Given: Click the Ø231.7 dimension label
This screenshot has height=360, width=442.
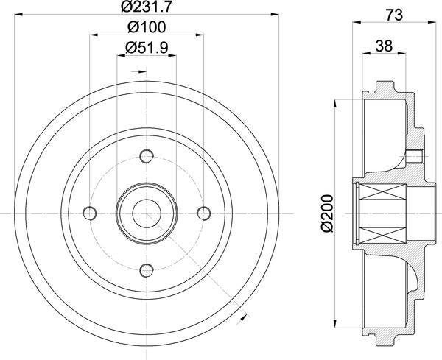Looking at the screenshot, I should pos(146,7).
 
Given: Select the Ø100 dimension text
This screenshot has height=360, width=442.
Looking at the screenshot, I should pos(146,27).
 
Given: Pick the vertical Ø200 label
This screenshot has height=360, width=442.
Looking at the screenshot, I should pos(327,213).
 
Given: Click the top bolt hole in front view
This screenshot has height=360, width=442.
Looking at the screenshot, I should pos(147,155).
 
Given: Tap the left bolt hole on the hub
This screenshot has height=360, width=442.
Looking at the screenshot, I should pos(90,213).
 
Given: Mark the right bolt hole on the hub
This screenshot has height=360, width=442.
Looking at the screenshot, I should pos(203,213).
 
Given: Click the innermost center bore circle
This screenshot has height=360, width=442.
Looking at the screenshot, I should pos(147,213).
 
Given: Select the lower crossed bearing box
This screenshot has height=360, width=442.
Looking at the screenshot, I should pos(383,228).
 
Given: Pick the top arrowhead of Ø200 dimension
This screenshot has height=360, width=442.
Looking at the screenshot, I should pos(337,103).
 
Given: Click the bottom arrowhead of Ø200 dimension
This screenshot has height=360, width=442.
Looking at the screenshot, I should pos(337,323).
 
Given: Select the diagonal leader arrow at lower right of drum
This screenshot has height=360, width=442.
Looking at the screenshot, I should pos(245,319).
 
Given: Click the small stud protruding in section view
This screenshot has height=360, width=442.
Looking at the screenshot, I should pos(415,155).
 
